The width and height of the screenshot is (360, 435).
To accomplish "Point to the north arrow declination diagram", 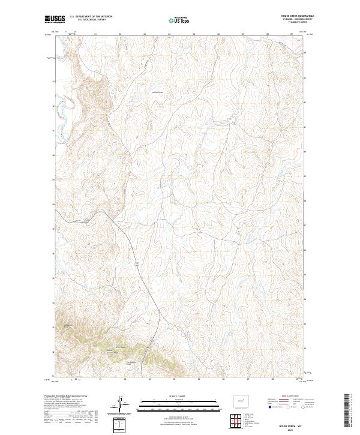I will [x=121, y=403].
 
